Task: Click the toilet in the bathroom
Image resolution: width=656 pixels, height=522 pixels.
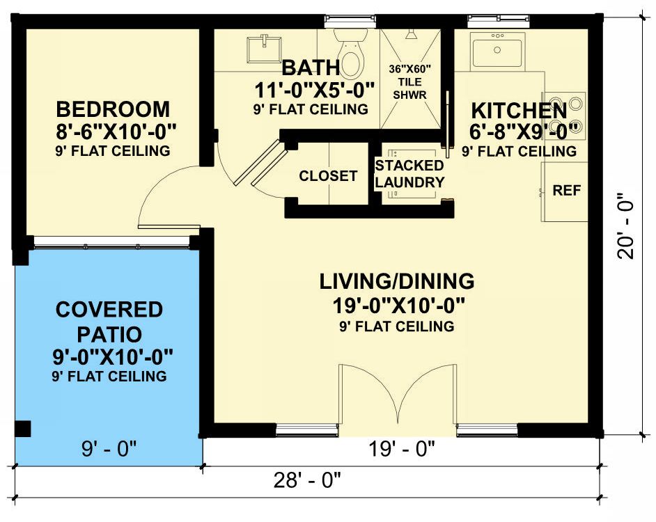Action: (x=350, y=54)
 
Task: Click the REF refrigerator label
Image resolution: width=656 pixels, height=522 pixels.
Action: (x=566, y=190)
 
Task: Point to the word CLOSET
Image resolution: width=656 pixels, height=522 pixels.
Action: (x=328, y=175)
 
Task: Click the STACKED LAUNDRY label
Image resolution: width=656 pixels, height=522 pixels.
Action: (x=409, y=174)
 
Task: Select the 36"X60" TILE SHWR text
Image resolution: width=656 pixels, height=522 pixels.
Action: (x=410, y=81)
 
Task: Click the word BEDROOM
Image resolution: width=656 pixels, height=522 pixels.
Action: (x=113, y=109)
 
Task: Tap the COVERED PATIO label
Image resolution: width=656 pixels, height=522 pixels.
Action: (x=109, y=322)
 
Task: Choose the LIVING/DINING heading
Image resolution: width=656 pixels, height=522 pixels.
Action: (x=397, y=281)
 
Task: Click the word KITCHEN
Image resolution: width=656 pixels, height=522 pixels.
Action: (x=520, y=111)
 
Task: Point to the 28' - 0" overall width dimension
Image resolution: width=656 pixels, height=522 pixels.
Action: (x=308, y=480)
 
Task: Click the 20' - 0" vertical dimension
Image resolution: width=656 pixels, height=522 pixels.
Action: (x=626, y=226)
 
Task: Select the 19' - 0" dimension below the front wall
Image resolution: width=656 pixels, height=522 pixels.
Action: (x=402, y=450)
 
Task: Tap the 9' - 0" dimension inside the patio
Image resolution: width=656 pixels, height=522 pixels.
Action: (x=109, y=449)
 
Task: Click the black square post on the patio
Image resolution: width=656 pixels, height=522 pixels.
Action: (x=22, y=429)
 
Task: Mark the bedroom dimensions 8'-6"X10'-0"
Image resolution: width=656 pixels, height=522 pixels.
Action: (x=116, y=132)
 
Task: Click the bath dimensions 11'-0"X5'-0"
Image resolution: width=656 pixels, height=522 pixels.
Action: (x=314, y=90)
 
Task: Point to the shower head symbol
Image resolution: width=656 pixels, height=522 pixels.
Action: (x=412, y=34)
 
